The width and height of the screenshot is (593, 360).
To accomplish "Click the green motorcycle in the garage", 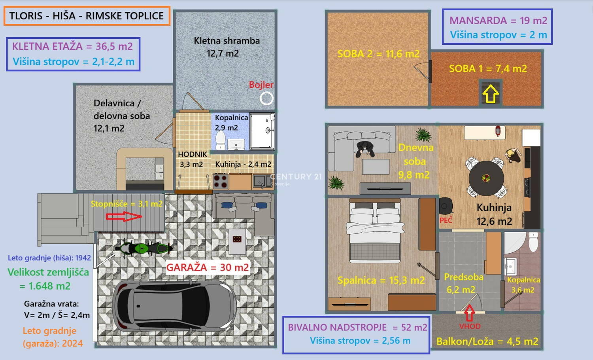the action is (144, 248).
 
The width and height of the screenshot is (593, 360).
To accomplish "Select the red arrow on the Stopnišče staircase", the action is (124, 216).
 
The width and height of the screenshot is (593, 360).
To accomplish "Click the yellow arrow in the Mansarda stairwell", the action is (491, 94).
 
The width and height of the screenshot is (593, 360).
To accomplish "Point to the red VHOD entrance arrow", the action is (470, 313).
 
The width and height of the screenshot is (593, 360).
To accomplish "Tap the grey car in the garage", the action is (174, 307).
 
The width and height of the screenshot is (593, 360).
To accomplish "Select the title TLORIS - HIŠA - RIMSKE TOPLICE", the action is (87, 16).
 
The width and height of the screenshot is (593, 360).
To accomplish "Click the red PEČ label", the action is (446, 220).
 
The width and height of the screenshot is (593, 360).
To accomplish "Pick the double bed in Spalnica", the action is (375, 231).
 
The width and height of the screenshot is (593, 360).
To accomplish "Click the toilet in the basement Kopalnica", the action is (220, 140).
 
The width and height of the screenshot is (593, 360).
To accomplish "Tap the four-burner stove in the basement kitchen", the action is (220, 181).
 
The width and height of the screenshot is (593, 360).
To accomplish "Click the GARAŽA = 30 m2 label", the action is (208, 267).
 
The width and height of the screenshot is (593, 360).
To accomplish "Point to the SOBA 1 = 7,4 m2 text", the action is (488, 68).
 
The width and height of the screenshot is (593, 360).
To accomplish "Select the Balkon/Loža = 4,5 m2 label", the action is (487, 341).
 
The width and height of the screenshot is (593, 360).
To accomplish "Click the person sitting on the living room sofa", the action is (365, 149).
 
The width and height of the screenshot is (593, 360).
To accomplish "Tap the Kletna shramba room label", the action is (227, 40).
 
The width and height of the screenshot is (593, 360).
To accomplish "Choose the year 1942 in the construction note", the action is (83, 258).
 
